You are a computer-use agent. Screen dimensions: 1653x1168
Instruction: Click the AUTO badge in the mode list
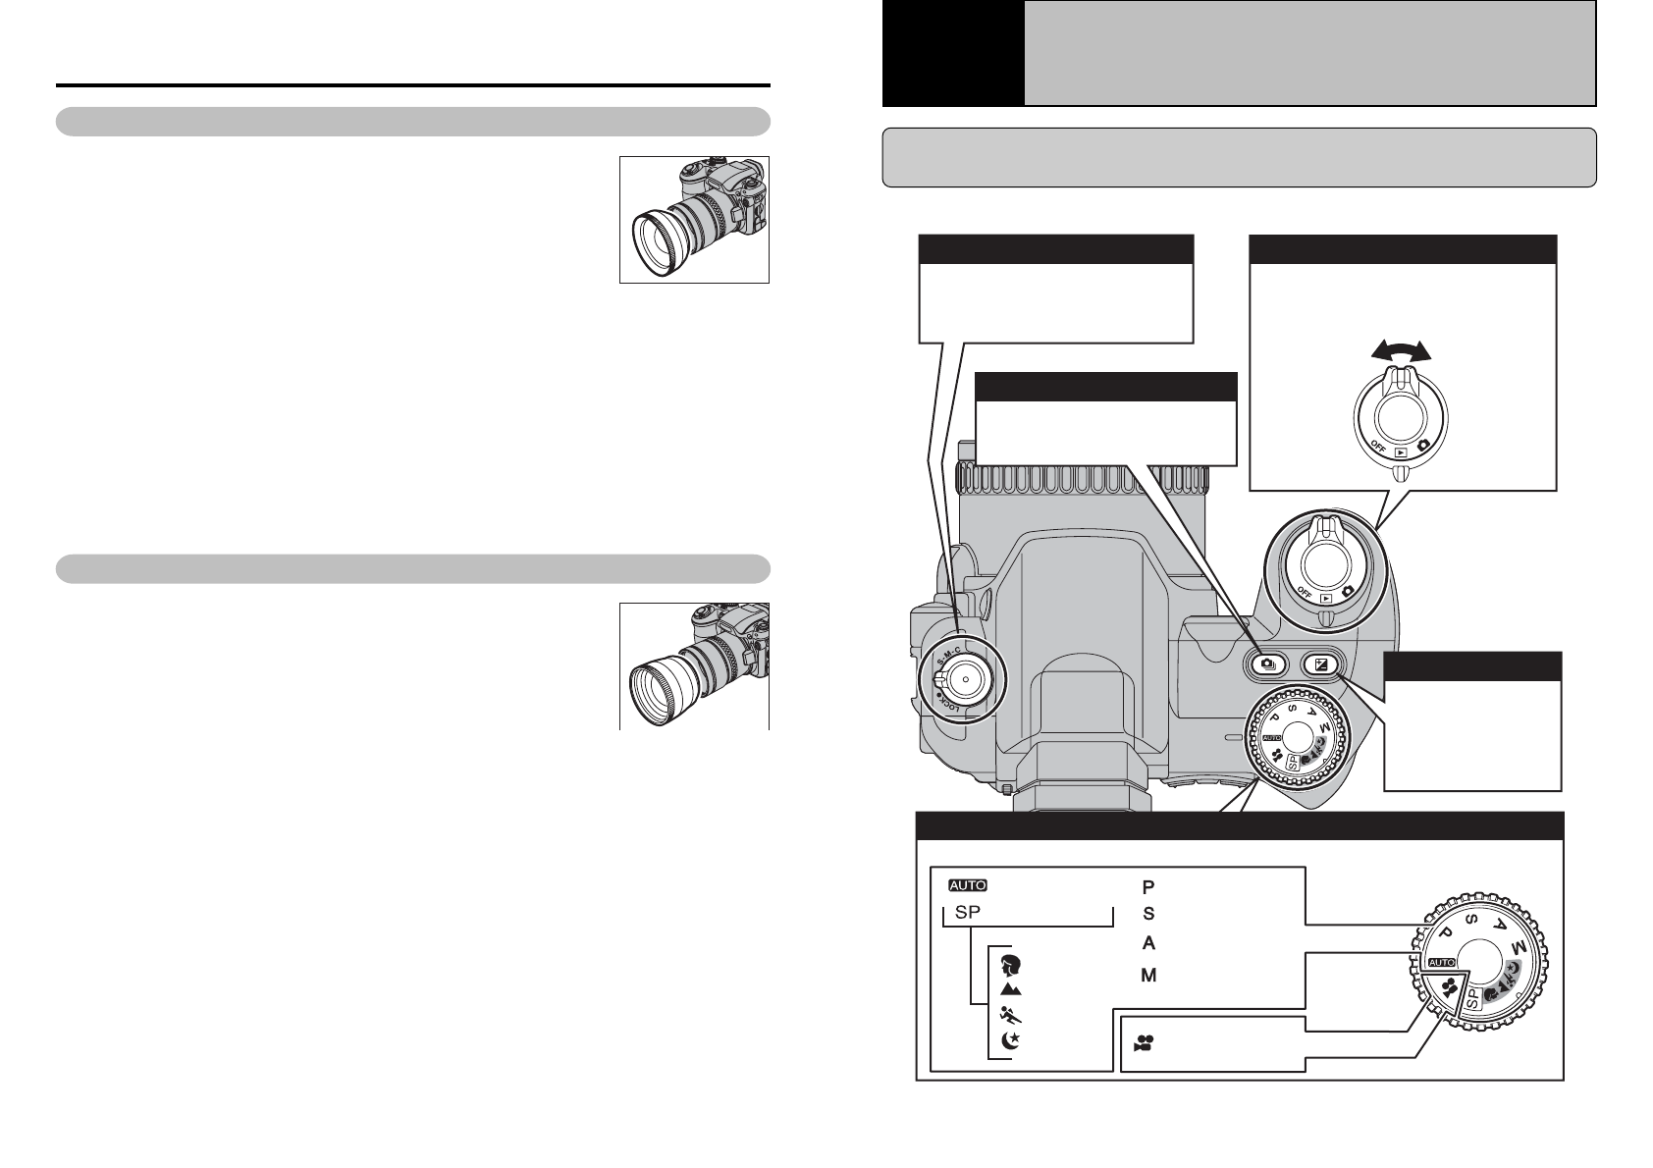(968, 885)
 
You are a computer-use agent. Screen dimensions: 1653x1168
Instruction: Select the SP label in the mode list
(968, 912)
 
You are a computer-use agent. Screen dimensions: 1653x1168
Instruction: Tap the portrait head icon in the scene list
(1010, 965)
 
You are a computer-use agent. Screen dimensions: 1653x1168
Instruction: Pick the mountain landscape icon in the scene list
(1010, 988)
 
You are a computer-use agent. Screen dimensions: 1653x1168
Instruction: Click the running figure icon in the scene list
(1010, 1016)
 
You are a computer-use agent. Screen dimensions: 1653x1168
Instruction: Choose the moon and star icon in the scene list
(1010, 1040)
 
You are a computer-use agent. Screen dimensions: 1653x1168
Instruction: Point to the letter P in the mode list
(1148, 887)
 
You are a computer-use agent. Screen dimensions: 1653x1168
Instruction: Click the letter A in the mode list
(1148, 943)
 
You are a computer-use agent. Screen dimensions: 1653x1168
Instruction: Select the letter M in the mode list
(1148, 976)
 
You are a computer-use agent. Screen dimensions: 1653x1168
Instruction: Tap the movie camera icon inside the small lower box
(1144, 1043)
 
